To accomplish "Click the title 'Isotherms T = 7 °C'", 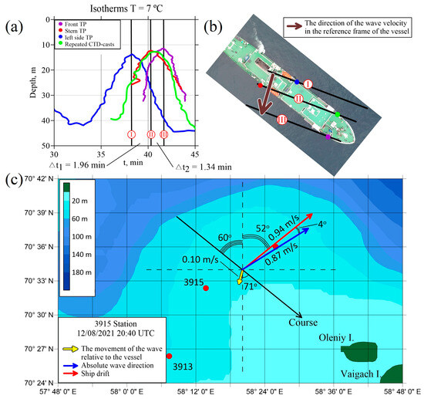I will tap(124, 8).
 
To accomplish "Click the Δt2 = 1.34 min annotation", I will tap(200, 165).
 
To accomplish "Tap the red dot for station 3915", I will tap(206, 289).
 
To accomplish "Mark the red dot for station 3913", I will tap(169, 356).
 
